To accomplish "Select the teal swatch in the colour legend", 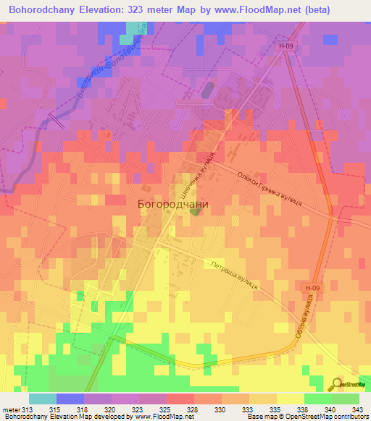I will pos(43,399).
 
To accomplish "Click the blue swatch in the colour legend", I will pos(70,399).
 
